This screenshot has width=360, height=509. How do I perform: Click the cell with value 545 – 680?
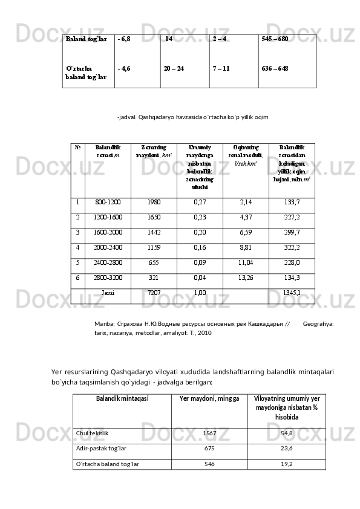(x=275, y=39)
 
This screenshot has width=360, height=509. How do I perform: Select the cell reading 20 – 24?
(x=174, y=68)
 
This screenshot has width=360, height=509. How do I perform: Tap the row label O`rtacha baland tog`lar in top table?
(x=86, y=73)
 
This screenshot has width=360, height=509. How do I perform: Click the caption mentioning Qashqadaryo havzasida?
(x=193, y=117)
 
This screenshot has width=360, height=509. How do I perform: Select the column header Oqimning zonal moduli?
(x=246, y=155)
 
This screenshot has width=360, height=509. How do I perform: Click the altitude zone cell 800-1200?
(x=108, y=203)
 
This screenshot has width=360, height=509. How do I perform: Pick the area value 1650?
(x=154, y=217)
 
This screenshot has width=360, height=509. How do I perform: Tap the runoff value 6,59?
(x=246, y=232)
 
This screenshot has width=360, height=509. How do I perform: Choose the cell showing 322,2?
(x=292, y=247)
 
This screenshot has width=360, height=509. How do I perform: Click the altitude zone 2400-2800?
(x=108, y=262)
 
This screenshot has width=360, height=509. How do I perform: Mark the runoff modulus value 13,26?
(x=246, y=277)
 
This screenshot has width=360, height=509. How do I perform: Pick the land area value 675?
(x=209, y=449)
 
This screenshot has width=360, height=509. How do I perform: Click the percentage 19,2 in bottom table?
(x=287, y=464)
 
